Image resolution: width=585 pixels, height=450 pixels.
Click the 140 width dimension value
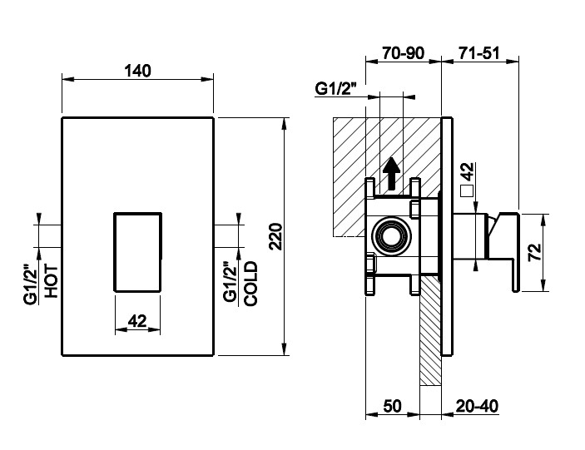point(137,71)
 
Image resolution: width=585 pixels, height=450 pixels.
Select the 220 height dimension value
point(276,236)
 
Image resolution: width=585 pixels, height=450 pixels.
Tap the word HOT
point(52,281)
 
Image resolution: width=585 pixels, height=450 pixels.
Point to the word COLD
point(250,284)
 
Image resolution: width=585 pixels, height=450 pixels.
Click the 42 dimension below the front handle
point(137,320)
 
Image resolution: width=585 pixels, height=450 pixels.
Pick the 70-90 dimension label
point(404,53)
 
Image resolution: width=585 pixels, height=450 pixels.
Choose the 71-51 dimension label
point(478,53)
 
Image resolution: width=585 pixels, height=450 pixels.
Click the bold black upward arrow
point(391,173)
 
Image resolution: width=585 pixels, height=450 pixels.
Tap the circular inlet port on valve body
point(392,236)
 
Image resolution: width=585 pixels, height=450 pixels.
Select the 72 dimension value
point(534,252)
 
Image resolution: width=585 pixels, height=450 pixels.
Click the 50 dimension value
point(392,406)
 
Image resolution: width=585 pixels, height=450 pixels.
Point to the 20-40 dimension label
point(477,406)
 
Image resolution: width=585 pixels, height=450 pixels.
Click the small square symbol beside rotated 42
point(467,190)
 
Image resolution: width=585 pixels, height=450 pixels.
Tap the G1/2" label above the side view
point(336,89)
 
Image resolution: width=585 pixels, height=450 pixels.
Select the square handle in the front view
point(137,252)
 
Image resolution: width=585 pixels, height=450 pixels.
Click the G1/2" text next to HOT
point(32,284)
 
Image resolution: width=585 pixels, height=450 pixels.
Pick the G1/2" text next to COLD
point(231,284)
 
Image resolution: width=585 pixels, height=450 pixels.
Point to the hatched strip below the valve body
point(430,331)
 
